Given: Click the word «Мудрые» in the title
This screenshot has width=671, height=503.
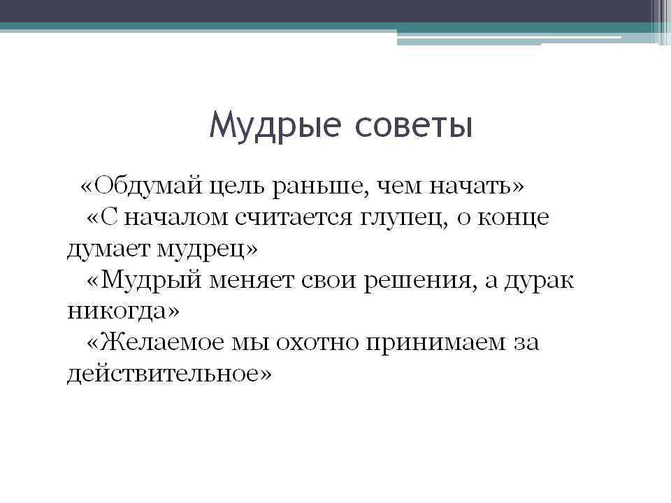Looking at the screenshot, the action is tap(275, 126).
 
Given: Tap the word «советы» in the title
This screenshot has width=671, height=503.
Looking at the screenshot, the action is tap(414, 126).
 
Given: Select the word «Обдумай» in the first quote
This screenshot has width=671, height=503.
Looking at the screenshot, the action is tap(147, 187).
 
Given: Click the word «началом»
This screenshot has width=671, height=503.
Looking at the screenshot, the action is tap(176, 218).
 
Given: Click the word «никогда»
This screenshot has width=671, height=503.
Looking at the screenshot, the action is tap(118, 312).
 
